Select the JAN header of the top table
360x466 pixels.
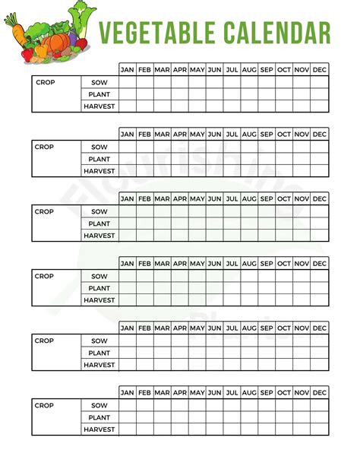click(127, 70)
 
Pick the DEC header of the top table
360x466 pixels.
click(320, 70)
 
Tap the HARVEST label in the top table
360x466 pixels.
click(99, 106)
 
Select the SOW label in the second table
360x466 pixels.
click(99, 147)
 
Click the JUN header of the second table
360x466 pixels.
click(215, 135)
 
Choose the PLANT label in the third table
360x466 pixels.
click(99, 223)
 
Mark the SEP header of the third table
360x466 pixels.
click(267, 199)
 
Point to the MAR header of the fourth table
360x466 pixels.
click(162, 264)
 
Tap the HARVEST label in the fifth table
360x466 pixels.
click(99, 365)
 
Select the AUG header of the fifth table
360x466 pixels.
click(249, 328)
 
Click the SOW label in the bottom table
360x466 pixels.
click(99, 405)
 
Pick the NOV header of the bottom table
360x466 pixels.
click(302, 393)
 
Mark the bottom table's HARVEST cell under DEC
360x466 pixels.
click(320, 430)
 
